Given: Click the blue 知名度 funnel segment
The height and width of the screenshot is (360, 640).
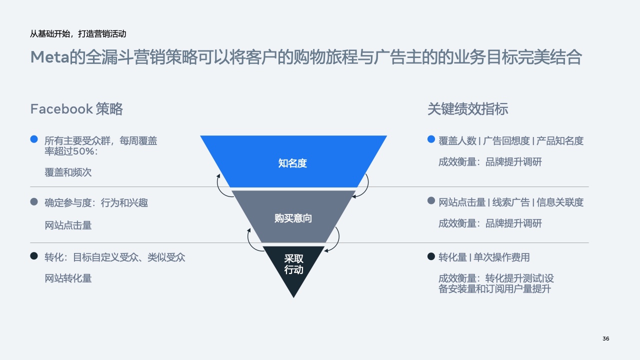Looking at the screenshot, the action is (x=293, y=161).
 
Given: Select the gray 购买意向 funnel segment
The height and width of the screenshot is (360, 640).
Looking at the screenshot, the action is (x=293, y=216).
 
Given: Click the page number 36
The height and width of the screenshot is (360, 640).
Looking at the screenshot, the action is (x=605, y=338).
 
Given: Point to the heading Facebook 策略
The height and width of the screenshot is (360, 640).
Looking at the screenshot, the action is (x=76, y=109).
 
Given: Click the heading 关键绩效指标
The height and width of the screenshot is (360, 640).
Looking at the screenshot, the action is (x=467, y=109).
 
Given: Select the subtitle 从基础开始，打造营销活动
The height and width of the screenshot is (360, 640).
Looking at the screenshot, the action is (x=78, y=33).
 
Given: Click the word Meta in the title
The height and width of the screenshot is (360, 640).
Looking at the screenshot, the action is (x=49, y=57).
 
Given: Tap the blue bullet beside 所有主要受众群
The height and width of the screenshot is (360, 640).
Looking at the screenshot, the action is (x=34, y=139).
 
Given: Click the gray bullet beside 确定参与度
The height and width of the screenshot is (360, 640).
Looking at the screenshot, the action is (x=34, y=201).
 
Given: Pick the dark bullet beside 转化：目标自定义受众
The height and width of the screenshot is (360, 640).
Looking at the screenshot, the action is (x=34, y=255).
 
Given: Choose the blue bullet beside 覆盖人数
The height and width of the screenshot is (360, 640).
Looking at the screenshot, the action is (x=431, y=139).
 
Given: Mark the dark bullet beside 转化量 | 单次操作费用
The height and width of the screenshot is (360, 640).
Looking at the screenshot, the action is (x=431, y=256).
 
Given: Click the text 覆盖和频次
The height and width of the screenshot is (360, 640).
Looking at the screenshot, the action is (x=68, y=172).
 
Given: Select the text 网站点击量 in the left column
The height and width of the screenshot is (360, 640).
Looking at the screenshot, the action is (x=68, y=225).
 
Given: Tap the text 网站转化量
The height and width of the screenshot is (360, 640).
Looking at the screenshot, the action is (x=68, y=278).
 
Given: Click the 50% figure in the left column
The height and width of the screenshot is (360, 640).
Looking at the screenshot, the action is (x=83, y=151).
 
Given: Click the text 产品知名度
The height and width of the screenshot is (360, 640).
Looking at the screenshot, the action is (x=559, y=141).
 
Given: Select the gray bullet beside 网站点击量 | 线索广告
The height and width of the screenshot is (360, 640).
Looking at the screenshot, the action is (x=431, y=200).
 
